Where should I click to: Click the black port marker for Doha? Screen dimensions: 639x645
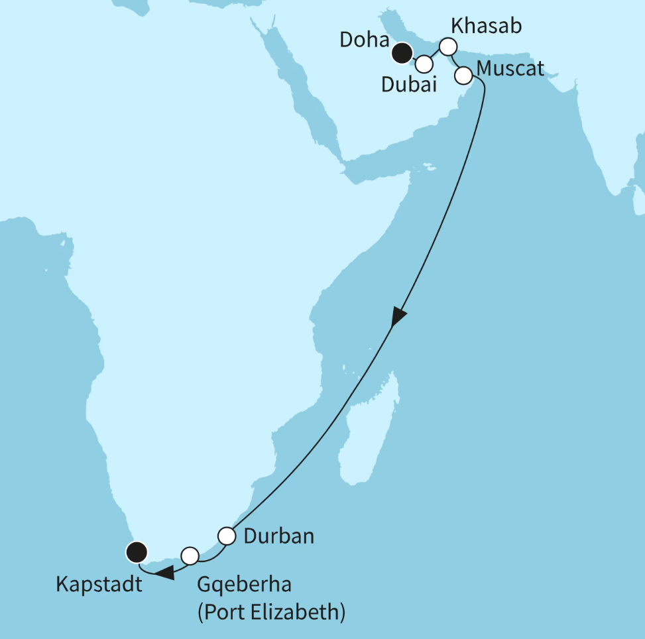pos(401,52)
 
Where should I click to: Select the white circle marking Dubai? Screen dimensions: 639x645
pos(425,64)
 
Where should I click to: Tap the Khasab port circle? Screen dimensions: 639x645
pos(449,46)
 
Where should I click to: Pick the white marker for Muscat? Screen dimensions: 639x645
pos(463,76)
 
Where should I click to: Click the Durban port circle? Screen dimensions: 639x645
pos(227,535)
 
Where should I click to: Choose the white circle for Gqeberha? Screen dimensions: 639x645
pos(190,555)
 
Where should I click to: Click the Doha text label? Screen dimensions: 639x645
pos(363,40)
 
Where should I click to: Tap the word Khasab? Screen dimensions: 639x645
pos(486,27)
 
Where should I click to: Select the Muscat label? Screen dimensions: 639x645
pos(510,69)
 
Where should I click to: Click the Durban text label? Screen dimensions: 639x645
pos(278,536)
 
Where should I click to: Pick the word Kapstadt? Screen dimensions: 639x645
pos(99,586)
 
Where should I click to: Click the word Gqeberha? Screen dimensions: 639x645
pos(245,586)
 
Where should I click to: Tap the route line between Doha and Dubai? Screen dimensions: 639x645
pos(413,58)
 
